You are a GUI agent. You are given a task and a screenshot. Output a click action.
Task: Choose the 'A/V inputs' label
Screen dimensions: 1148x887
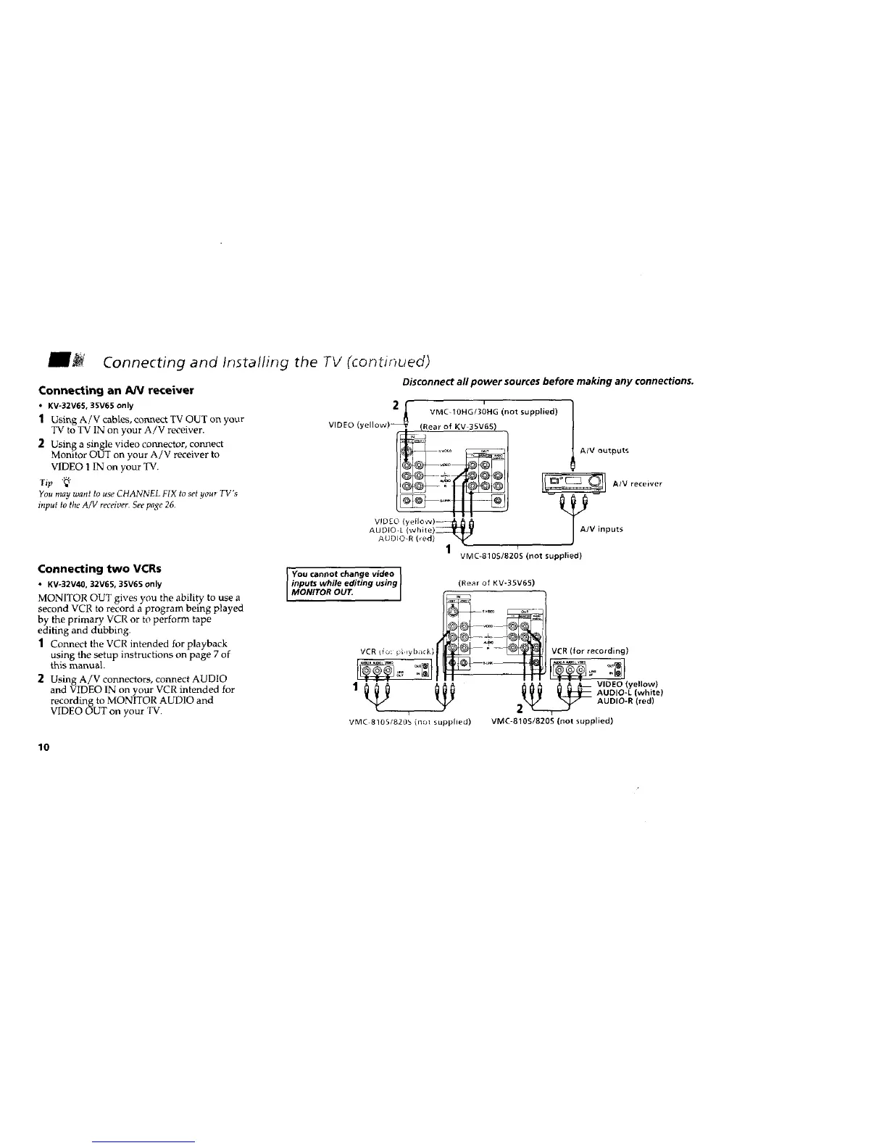point(602,528)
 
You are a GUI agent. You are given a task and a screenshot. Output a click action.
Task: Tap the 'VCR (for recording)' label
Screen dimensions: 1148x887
point(590,650)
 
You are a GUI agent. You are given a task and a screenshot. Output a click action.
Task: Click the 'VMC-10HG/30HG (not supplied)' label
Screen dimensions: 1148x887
point(493,412)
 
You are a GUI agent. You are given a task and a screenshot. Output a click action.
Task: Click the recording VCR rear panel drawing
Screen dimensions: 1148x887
point(588,668)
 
